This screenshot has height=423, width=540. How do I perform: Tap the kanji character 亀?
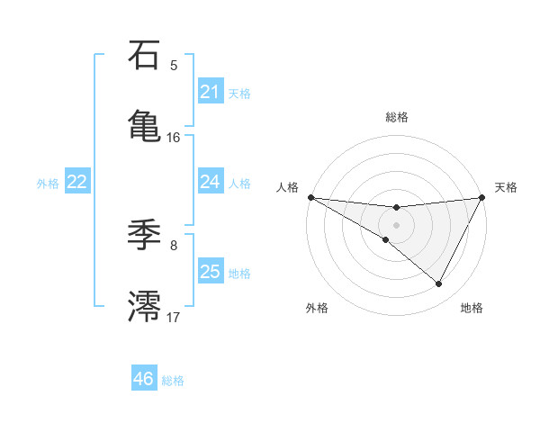(x=144, y=124)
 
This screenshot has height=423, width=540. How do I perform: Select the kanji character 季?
(x=144, y=236)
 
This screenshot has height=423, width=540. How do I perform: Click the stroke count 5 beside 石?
(x=174, y=66)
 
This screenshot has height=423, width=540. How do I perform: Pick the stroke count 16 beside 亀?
(x=174, y=138)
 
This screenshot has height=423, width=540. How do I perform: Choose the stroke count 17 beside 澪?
(x=174, y=317)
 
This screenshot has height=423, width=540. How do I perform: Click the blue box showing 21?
(x=210, y=92)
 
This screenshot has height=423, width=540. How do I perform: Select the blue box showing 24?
(x=210, y=182)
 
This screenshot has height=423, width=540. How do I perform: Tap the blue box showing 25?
(x=210, y=272)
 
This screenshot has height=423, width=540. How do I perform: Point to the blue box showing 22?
(x=76, y=182)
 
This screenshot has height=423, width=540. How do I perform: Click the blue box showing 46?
(x=143, y=379)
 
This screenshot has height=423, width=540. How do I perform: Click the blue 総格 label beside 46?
(x=173, y=381)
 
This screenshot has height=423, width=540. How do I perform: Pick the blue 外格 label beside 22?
(x=48, y=184)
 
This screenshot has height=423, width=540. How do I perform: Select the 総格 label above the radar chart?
(x=396, y=117)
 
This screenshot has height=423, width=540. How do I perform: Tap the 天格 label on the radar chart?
(x=506, y=187)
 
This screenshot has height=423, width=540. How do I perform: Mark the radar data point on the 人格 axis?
(x=310, y=197)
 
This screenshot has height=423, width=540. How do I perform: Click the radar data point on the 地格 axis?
(x=439, y=284)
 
